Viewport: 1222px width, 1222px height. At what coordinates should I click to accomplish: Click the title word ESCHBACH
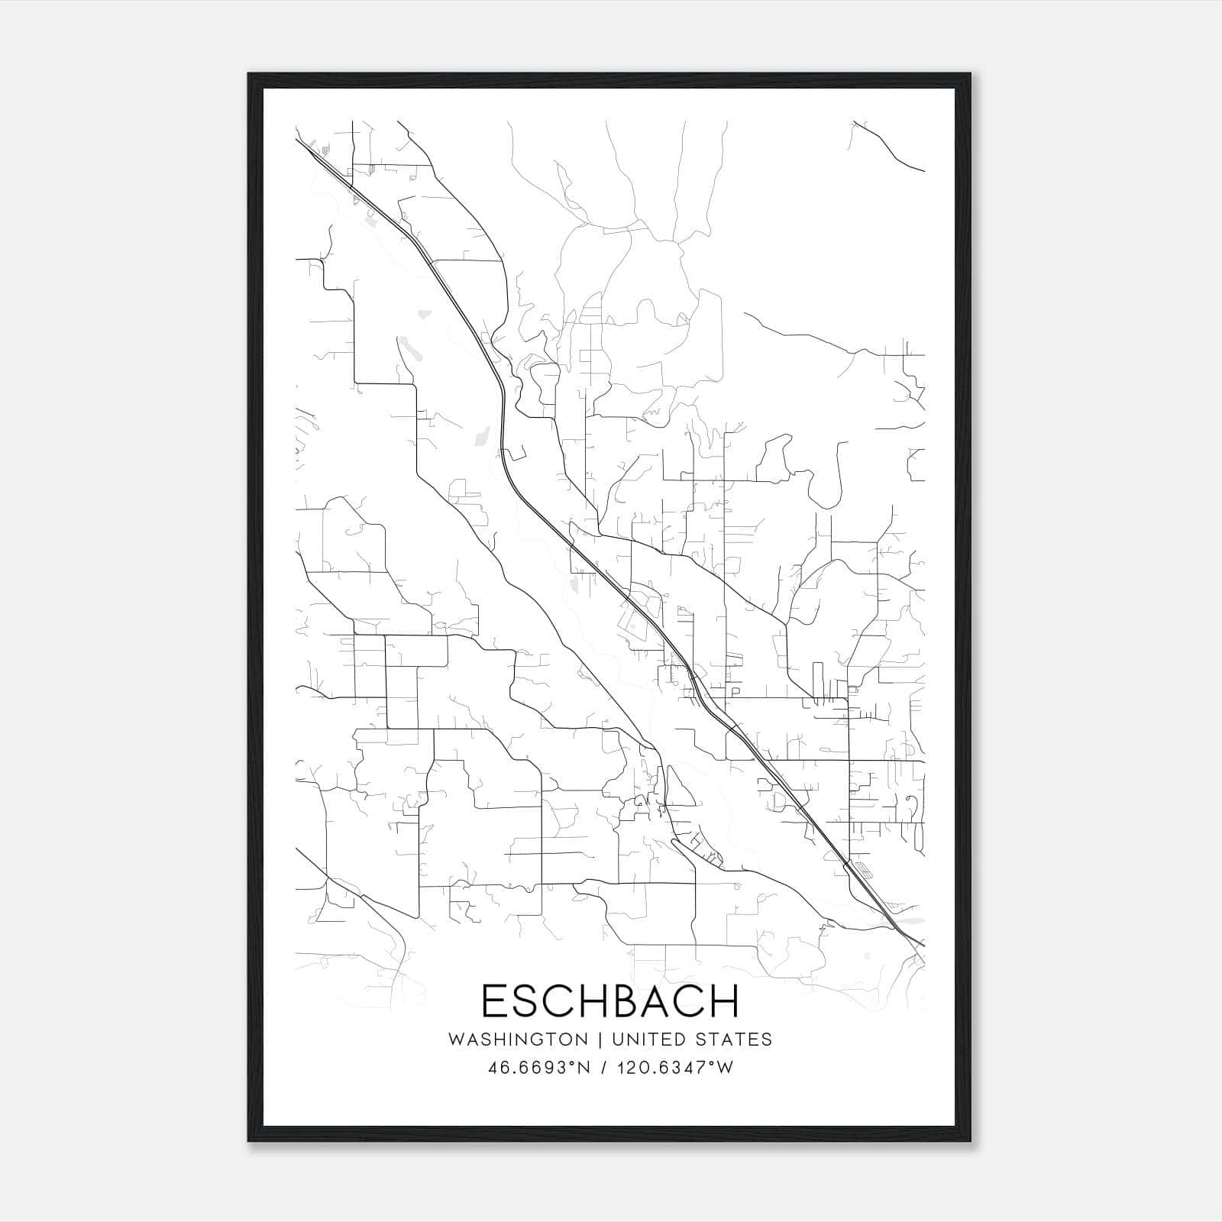[x=611, y=1001]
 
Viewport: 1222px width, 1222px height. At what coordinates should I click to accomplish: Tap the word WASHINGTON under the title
[x=518, y=1039]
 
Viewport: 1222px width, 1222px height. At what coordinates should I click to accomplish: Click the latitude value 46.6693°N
[x=539, y=1067]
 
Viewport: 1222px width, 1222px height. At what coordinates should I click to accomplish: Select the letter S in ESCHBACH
[x=529, y=1001]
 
